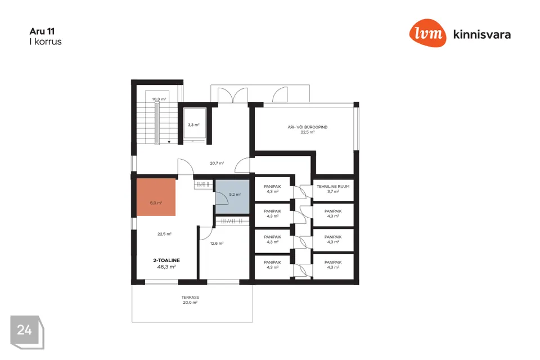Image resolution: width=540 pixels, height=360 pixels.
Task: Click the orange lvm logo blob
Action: [x=427, y=33]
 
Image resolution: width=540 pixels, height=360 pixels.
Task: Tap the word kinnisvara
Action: [x=482, y=34]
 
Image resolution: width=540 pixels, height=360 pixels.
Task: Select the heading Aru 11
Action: [x=42, y=31]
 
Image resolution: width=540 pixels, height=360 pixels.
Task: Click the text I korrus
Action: [x=46, y=42]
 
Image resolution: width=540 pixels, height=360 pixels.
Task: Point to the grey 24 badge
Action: [x=27, y=332]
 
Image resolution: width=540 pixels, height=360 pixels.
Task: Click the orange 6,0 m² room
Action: [x=156, y=197]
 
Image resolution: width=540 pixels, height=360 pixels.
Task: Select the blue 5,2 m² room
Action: [x=232, y=197]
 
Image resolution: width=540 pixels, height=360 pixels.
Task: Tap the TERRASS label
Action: [x=190, y=298]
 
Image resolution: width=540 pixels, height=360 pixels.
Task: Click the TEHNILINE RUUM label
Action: [x=333, y=186]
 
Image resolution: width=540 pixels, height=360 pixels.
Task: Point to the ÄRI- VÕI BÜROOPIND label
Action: [x=308, y=127]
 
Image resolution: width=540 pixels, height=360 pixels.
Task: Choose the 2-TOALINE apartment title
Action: [x=166, y=260]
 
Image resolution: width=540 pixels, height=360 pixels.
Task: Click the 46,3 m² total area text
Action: [x=166, y=267]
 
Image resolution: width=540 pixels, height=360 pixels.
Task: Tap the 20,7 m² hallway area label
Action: [x=217, y=163]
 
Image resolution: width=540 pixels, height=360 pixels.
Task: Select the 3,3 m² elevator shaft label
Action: [x=193, y=125]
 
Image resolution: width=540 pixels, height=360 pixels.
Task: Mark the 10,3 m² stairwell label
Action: [x=159, y=99]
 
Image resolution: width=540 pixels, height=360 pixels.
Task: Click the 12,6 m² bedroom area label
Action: [x=217, y=243]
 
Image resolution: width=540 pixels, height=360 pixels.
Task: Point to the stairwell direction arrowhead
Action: [x=169, y=142]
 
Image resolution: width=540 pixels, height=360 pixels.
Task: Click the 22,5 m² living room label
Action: [x=165, y=234]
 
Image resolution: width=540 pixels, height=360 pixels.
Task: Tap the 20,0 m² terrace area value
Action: [x=190, y=303]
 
